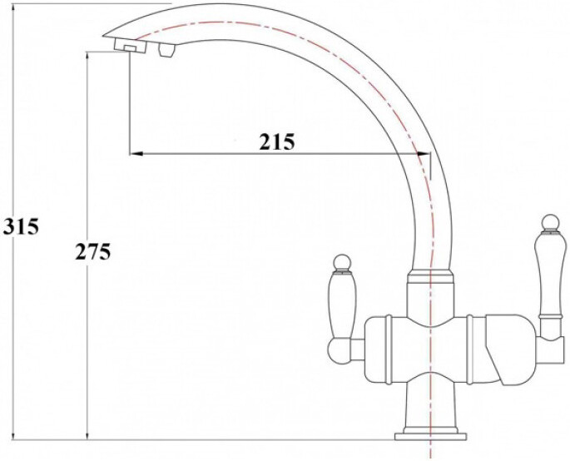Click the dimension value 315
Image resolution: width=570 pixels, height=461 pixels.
pyautogui.click(x=21, y=226)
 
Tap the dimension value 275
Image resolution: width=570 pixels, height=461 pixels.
pyautogui.click(x=93, y=252)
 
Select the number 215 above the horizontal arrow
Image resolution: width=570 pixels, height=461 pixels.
pyautogui.click(x=276, y=141)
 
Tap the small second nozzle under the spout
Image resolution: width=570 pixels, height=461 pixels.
pyautogui.click(x=165, y=52)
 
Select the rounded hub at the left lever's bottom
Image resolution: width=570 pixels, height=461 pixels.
pyautogui.click(x=342, y=341)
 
